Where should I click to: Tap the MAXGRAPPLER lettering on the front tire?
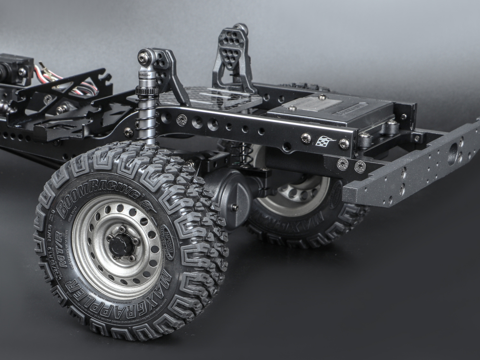[120, 298]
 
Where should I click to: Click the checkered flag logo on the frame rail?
[325, 141]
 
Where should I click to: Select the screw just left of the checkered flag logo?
[305, 138]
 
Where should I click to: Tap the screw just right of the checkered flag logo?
[344, 143]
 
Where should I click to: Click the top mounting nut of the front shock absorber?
[144, 58]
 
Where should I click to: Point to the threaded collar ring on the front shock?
[145, 90]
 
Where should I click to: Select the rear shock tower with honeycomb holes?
[232, 55]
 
